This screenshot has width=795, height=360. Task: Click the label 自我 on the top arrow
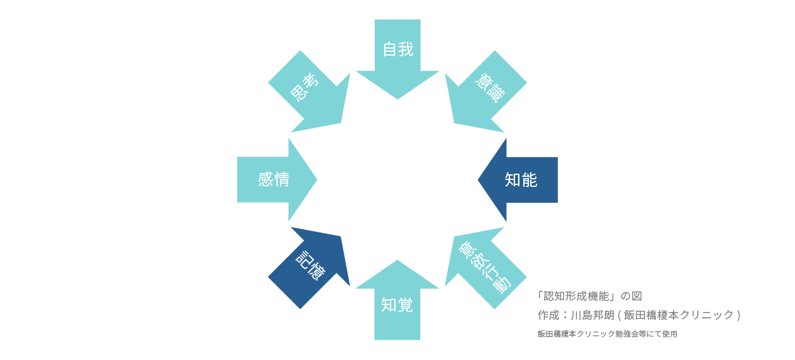(x=398, y=49)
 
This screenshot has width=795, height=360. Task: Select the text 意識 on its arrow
(x=490, y=88)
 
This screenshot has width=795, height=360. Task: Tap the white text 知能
(x=521, y=180)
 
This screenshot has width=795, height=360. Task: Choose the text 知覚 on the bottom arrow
(x=397, y=306)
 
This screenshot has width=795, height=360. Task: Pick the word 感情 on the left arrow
(x=274, y=179)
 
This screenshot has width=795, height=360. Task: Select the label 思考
(x=304, y=87)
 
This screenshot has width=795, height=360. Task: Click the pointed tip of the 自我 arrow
(x=397, y=99)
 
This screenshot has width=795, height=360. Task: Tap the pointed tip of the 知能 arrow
(x=479, y=180)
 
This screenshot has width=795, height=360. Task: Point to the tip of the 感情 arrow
(x=316, y=180)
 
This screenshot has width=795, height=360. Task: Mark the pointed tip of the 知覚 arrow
(x=397, y=261)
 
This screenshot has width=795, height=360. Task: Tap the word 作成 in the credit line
(x=548, y=315)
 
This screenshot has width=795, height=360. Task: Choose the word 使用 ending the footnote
(x=670, y=334)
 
